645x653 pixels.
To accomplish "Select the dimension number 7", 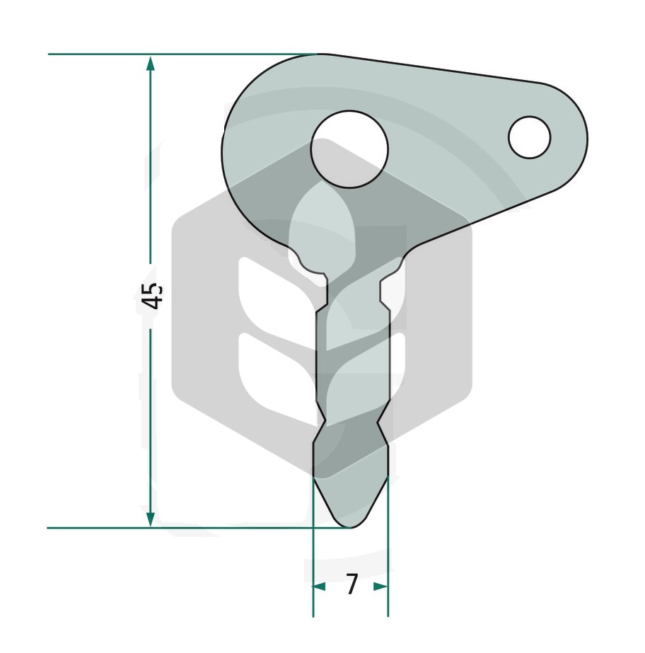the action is tap(352, 584).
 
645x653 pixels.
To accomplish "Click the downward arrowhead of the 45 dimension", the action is tap(151, 519).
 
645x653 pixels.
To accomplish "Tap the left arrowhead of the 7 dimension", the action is tap(320, 586).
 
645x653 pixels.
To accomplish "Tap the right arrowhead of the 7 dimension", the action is tap(381, 586).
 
